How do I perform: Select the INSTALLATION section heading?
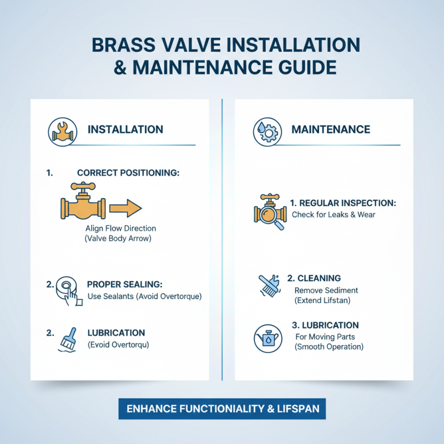coord(125,130)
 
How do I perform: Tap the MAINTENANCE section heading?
coord(331,130)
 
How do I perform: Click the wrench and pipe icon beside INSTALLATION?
coord(61,130)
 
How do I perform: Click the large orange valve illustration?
coord(83,205)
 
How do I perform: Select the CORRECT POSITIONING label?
coord(128,173)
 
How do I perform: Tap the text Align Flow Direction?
coord(121,228)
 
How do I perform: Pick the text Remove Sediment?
coord(326,290)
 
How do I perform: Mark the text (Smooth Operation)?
coord(330,347)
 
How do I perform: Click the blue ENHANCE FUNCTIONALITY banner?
coord(222,409)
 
